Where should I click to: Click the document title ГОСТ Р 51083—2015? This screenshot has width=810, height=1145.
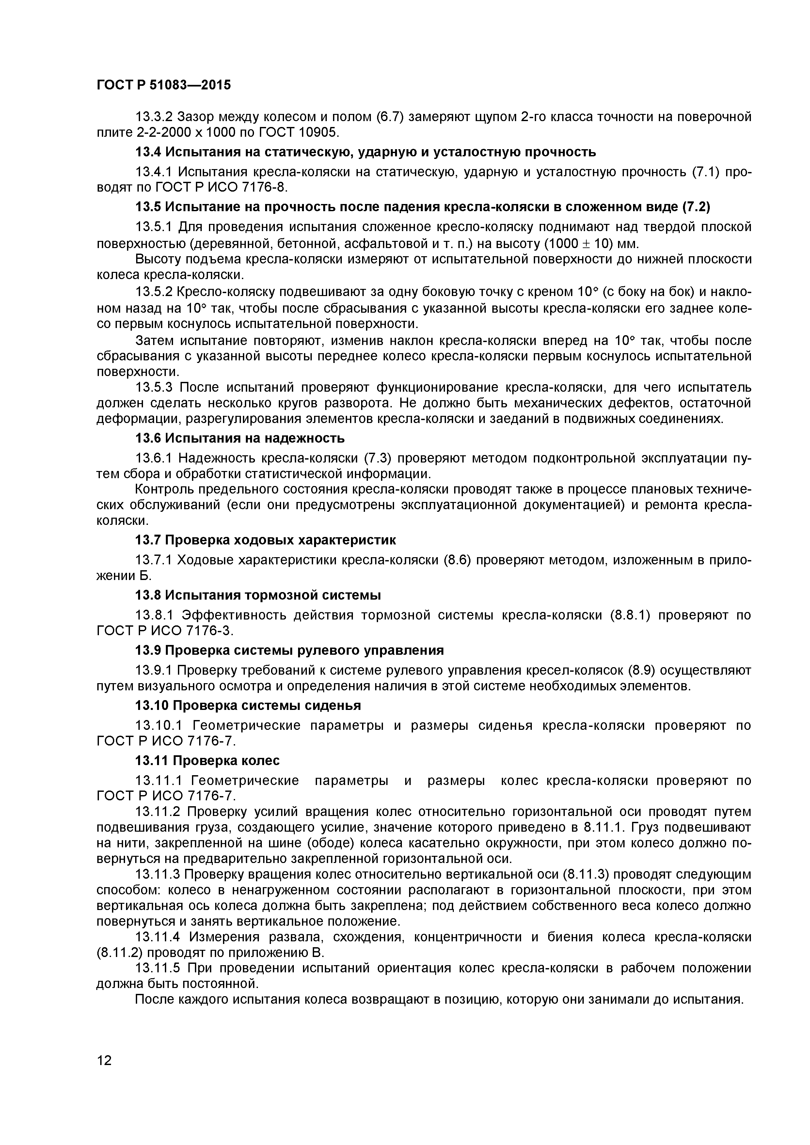click(164, 85)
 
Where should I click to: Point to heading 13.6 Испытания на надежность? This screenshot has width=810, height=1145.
click(240, 438)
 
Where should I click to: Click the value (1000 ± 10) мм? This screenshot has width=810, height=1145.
click(591, 244)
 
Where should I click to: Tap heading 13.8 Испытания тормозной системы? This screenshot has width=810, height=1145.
click(258, 595)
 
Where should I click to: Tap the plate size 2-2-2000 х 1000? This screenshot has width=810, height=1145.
click(192, 133)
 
